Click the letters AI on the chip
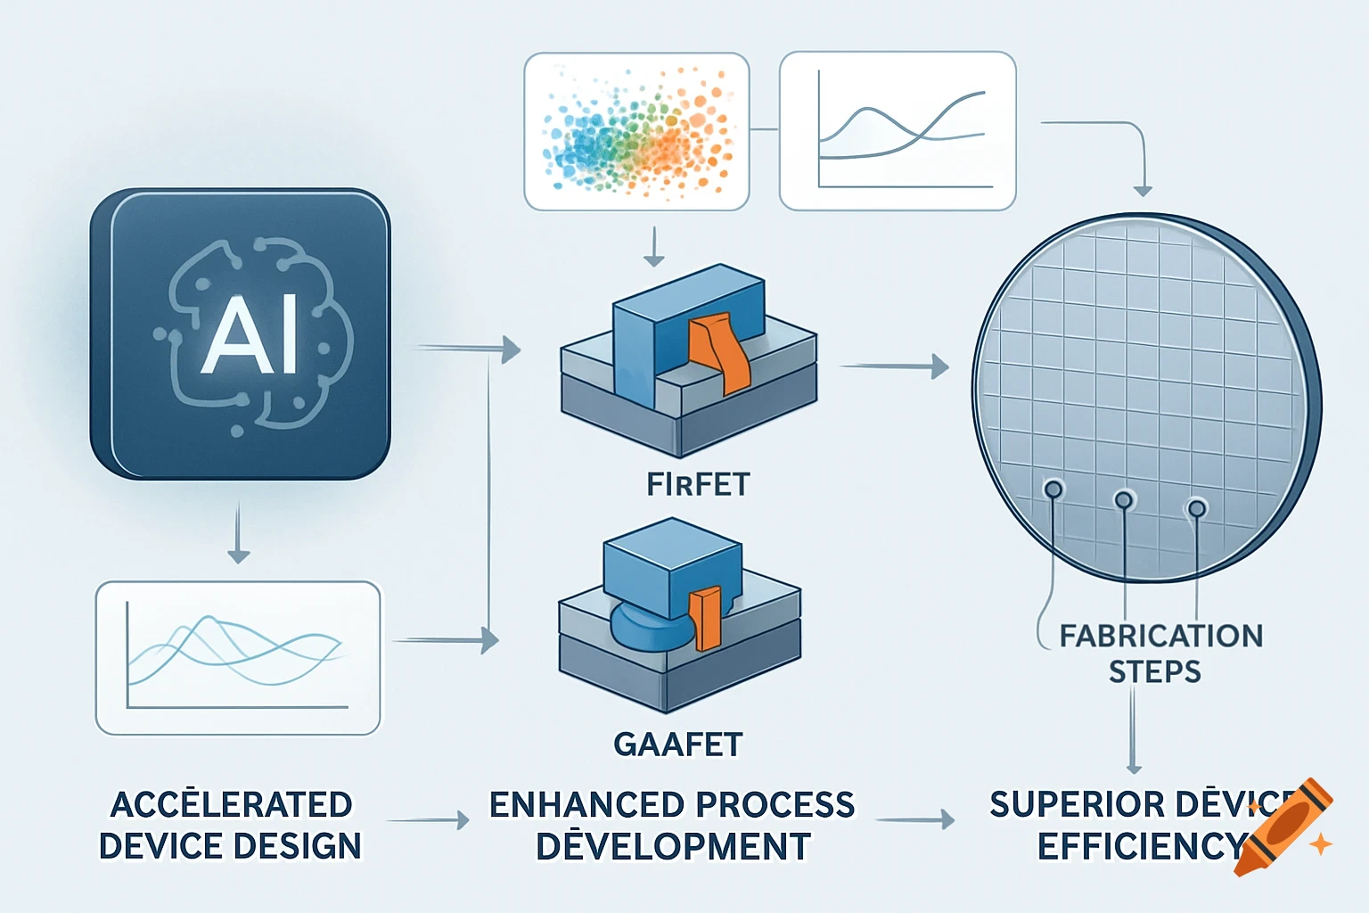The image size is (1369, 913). pyautogui.click(x=250, y=336)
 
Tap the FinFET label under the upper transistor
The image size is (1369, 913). pyautogui.click(x=698, y=484)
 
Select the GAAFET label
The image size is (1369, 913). pyautogui.click(x=677, y=744)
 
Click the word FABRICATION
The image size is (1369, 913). pyautogui.click(x=1160, y=636)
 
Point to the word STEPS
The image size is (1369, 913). pyautogui.click(x=1154, y=671)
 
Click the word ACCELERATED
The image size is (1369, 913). pyautogui.click(x=231, y=804)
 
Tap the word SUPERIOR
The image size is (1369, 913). pyautogui.click(x=1052, y=804)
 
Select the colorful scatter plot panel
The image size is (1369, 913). pyautogui.click(x=636, y=131)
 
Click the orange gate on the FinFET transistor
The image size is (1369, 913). pyautogui.click(x=721, y=352)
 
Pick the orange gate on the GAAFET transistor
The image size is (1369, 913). pyautogui.click(x=708, y=616)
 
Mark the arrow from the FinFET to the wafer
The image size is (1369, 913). pyautogui.click(x=894, y=366)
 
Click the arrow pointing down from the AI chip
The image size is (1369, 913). pyautogui.click(x=238, y=533)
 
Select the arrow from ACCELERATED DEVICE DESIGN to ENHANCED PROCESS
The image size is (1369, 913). pyautogui.click(x=428, y=820)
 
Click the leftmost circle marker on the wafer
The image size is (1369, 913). pyautogui.click(x=1053, y=489)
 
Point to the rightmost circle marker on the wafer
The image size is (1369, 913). pyautogui.click(x=1196, y=508)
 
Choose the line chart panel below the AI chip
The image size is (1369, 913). pyautogui.click(x=238, y=658)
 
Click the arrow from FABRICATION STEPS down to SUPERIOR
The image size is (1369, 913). pyautogui.click(x=1134, y=731)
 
